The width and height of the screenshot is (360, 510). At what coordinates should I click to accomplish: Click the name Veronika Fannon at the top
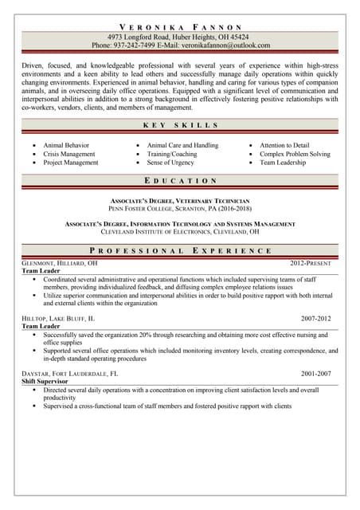click(179, 26)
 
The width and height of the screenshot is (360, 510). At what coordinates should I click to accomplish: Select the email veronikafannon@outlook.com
click(225, 45)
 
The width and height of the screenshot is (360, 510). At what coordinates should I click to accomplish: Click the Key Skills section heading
click(179, 125)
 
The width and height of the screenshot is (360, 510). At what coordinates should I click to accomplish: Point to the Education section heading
click(179, 181)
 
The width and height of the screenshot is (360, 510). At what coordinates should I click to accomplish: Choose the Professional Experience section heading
click(179, 250)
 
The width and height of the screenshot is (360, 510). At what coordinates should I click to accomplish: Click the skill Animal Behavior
click(66, 146)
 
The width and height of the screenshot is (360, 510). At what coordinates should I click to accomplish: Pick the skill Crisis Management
click(68, 154)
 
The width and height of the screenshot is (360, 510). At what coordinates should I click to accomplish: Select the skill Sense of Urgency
click(170, 163)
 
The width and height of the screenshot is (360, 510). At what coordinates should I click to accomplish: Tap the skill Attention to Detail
click(284, 146)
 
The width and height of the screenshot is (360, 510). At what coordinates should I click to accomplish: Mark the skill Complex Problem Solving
click(295, 154)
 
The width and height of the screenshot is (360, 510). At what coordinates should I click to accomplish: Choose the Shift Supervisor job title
click(45, 382)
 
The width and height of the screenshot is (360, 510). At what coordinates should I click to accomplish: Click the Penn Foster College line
click(179, 207)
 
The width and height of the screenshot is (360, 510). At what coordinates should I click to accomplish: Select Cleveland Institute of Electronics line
click(179, 232)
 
